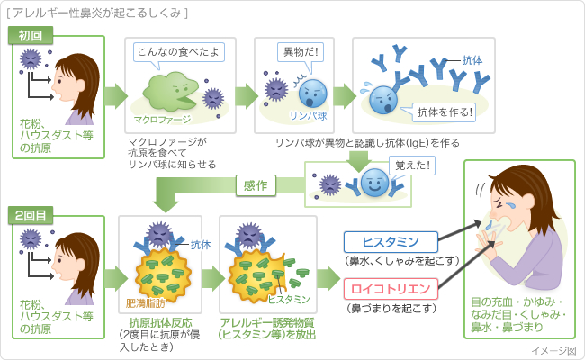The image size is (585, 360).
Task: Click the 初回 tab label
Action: pyautogui.click(x=31, y=36)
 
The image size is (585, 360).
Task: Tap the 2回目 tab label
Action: pyautogui.click(x=31, y=216)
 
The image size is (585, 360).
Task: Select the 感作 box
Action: pyautogui.click(x=256, y=185)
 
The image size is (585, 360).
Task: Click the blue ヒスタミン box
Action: pyautogui.click(x=391, y=242)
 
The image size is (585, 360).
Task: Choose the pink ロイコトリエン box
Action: pyautogui.click(x=391, y=289)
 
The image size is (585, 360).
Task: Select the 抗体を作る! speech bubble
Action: pyautogui.click(x=440, y=112)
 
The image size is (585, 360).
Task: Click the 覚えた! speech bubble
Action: pyautogui.click(x=411, y=166)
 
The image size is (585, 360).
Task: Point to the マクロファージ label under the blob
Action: pyautogui.click(x=162, y=120)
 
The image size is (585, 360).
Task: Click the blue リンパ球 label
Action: pyautogui.click(x=308, y=116)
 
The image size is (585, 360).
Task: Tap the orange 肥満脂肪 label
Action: pyautogui.click(x=146, y=303)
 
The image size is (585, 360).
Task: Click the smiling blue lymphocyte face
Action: pyautogui.click(x=374, y=183)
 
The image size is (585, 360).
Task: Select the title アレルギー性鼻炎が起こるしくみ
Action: pyautogui.click(x=97, y=13)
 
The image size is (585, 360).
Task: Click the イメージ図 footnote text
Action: pyautogui.click(x=553, y=351)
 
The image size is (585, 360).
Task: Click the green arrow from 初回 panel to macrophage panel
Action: pyautogui.click(x=116, y=96)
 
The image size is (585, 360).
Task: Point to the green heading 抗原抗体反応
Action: pyautogui.click(x=160, y=323)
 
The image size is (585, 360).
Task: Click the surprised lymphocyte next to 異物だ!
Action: pyautogui.click(x=312, y=94)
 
